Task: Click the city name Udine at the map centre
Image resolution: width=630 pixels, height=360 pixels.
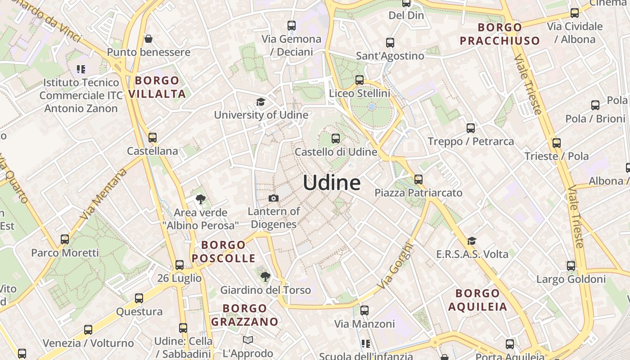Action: (x=332, y=183)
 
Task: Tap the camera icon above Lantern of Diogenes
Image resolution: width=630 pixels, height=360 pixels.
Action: (x=273, y=198)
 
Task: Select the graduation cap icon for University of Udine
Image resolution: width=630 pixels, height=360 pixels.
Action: (x=261, y=102)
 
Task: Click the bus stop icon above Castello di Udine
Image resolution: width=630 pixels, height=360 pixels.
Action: (x=336, y=138)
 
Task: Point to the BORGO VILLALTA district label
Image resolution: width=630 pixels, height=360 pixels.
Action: (x=157, y=87)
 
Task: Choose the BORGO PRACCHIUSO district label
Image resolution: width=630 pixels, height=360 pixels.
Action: (x=499, y=34)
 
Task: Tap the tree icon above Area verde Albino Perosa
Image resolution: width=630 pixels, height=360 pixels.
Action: (x=201, y=199)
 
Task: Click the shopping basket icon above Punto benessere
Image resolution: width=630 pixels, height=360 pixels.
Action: (x=148, y=39)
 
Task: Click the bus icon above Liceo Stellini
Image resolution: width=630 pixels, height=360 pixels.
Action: (x=359, y=80)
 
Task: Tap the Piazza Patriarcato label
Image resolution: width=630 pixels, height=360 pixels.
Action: (x=418, y=193)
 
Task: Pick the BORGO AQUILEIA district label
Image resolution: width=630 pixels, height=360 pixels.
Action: (x=477, y=300)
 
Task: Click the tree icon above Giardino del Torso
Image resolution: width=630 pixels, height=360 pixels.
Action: (x=265, y=276)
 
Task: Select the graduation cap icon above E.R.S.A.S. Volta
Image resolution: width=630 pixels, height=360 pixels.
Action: (x=472, y=241)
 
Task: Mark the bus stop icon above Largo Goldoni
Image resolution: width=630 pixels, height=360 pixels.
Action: (x=571, y=266)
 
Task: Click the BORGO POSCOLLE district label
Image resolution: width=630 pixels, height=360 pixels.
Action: (x=224, y=252)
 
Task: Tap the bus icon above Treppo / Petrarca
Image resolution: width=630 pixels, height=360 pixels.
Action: (x=471, y=128)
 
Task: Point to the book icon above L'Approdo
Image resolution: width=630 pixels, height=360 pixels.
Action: (x=248, y=340)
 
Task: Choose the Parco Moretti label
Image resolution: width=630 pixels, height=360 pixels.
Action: (x=65, y=253)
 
